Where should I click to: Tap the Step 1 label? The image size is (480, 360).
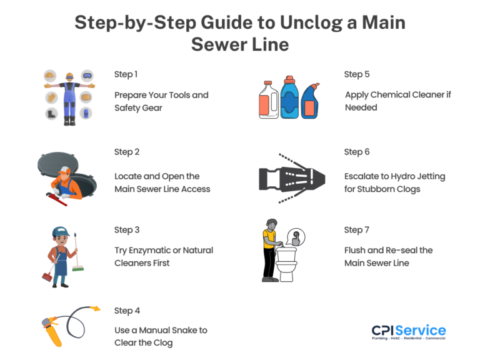pyautogui.click(x=126, y=74)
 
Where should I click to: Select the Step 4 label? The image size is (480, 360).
pyautogui.click(x=127, y=311)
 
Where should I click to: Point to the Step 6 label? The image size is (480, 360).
pyautogui.click(x=357, y=152)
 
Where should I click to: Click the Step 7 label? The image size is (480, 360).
pyautogui.click(x=357, y=230)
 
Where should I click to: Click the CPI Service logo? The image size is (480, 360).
pyautogui.click(x=409, y=332)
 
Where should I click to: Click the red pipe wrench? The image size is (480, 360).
pyautogui.click(x=56, y=199)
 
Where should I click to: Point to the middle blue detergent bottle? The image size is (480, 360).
pyautogui.click(x=289, y=97)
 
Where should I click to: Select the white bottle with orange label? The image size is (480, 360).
pyautogui.click(x=269, y=100)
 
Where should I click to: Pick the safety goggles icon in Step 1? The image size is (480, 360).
pyautogui.click(x=87, y=76)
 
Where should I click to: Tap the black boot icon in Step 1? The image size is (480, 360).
pyautogui.click(x=51, y=114)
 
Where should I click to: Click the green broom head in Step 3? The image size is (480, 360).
pyautogui.click(x=78, y=269)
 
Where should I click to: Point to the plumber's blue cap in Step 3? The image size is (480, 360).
pyautogui.click(x=61, y=232)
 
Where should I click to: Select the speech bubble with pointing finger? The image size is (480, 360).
pyautogui.click(x=295, y=237)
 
